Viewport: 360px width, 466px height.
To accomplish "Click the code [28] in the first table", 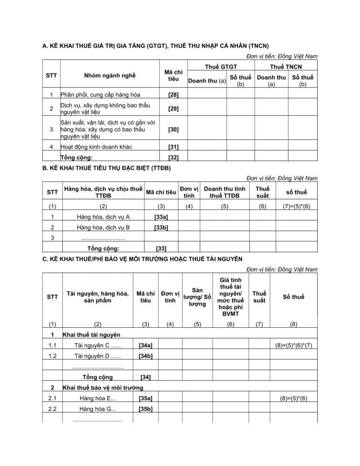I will pos(173,95).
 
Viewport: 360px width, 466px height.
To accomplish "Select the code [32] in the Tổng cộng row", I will pos(173,157).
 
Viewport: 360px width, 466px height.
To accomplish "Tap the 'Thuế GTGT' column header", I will pos(221,66).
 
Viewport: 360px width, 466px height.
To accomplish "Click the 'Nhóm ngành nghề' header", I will pos(110,76).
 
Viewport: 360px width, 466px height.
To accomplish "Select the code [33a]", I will pos(161,217).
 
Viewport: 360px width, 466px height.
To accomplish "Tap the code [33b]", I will pos(161,227).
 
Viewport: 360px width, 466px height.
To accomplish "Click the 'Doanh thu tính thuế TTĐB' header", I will pos(224,192).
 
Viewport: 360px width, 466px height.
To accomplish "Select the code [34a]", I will pos(145,345).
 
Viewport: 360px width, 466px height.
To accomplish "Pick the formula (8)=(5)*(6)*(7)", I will pos(294,345).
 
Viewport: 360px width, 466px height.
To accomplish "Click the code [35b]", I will pos(145,409).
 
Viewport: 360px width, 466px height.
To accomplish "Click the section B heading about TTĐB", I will pos(106,168).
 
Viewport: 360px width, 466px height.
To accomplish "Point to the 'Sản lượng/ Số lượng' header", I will pos(197,297).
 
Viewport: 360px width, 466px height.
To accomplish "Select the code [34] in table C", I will pos(145,377).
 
